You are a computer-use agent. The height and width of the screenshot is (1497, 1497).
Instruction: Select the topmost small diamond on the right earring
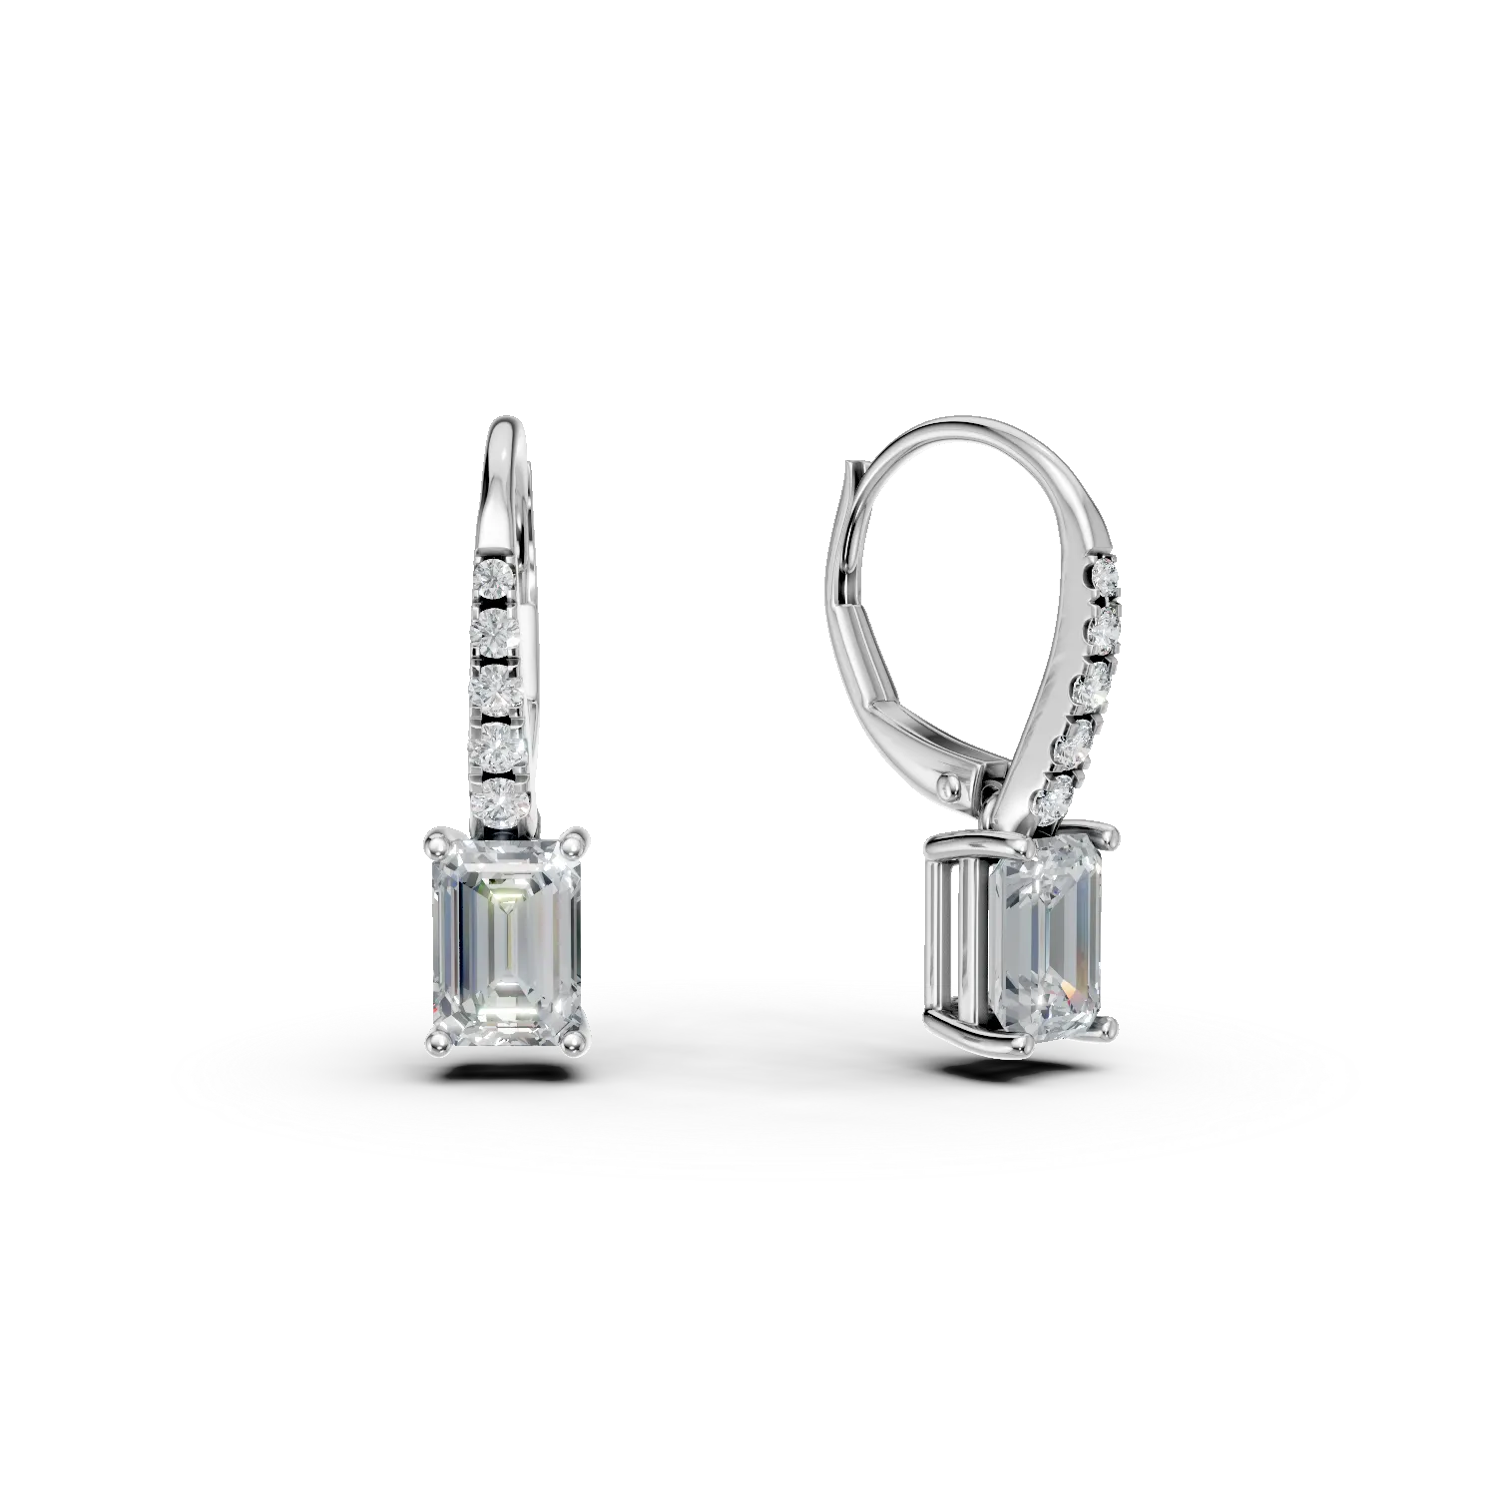point(1105,577)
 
